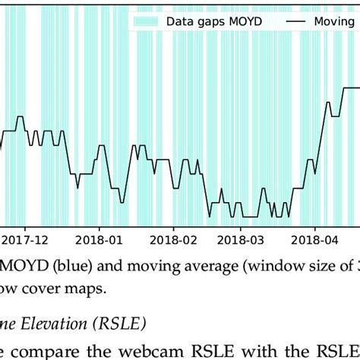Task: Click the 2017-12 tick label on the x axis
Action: coord(24,238)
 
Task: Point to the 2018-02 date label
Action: coord(173,238)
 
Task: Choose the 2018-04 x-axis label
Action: coord(316,238)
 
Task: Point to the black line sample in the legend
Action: coord(299,22)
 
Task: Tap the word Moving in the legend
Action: coord(336,22)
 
